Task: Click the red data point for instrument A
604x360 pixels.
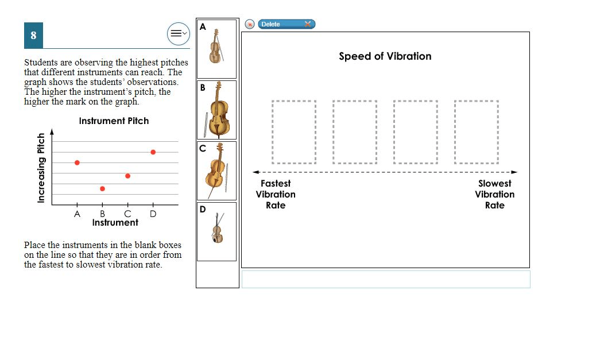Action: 77,163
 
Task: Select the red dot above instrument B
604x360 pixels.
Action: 102,189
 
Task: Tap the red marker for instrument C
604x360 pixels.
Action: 128,176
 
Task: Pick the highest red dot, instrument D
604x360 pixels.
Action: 153,152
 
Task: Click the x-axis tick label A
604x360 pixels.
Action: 77,214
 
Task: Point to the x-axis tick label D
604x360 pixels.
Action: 153,214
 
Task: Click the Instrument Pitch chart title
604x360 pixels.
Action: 114,121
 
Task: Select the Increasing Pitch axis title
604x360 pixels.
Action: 41,168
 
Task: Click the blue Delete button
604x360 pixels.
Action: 286,24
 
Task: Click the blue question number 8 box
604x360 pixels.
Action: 33,36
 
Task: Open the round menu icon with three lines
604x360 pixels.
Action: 179,33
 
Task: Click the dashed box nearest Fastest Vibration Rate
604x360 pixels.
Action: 294,132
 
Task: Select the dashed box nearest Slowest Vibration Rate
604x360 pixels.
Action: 477,132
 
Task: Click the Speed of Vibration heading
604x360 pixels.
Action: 385,56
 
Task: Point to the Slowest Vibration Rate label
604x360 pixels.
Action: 494,195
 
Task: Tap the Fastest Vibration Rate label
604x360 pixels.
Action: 276,195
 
